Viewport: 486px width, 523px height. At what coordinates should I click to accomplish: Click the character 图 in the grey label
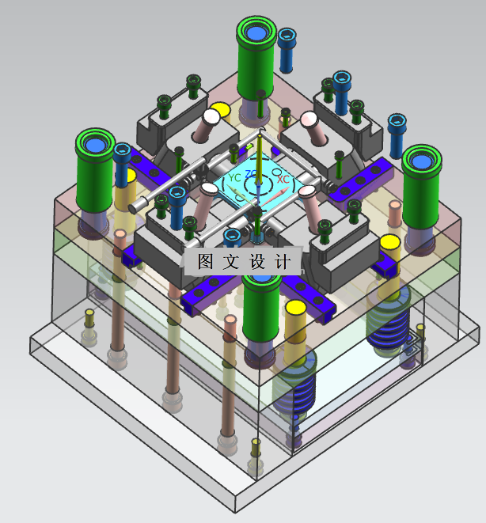tap(205, 261)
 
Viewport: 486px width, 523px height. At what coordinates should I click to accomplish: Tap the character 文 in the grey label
tap(231, 261)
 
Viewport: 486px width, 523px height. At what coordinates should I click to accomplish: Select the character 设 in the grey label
tap(257, 261)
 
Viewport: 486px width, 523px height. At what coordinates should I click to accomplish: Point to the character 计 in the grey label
tap(283, 261)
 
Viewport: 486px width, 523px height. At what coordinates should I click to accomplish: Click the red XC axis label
tap(283, 179)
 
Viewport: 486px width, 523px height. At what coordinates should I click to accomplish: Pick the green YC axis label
tap(234, 177)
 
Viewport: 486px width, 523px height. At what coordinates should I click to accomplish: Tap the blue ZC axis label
tap(250, 174)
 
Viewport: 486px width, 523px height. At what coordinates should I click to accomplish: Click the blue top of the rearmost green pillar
tap(256, 33)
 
